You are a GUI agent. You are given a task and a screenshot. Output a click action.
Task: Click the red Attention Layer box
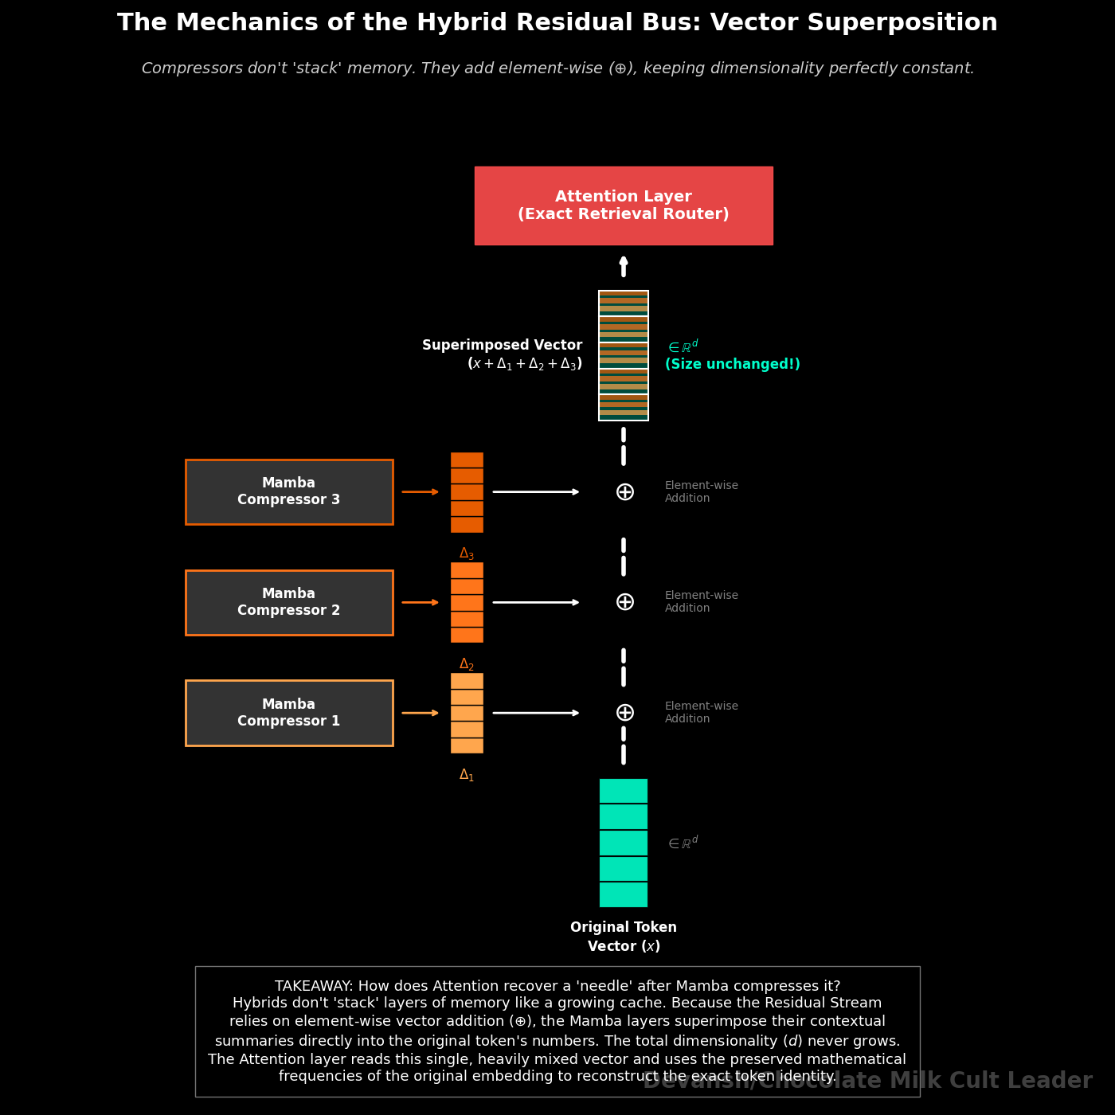(624, 205)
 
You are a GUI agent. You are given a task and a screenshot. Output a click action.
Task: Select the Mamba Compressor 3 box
(289, 492)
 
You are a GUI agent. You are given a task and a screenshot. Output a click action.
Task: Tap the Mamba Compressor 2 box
(289, 603)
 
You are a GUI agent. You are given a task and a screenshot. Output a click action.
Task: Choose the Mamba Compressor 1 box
(289, 713)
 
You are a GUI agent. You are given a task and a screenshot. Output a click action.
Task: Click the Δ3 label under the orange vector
(467, 554)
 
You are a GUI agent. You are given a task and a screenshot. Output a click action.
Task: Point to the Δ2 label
(467, 664)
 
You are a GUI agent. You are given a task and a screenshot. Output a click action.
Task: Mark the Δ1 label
(467, 775)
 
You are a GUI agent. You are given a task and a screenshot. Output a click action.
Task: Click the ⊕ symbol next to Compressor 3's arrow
(624, 492)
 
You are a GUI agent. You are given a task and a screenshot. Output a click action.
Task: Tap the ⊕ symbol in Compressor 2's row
(624, 602)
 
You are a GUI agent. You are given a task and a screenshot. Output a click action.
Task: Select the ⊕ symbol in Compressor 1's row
(624, 713)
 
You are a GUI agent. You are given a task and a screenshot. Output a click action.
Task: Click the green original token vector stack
(624, 843)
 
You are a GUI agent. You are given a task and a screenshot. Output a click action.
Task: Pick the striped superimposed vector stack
(624, 355)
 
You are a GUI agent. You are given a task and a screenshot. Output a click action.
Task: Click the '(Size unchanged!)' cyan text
(733, 365)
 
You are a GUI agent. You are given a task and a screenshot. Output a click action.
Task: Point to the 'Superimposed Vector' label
(502, 346)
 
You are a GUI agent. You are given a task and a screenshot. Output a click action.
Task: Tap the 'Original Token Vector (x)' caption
(624, 937)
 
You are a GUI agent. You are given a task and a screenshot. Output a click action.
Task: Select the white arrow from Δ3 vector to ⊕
(536, 492)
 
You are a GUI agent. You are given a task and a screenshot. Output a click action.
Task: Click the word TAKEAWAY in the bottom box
(313, 986)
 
